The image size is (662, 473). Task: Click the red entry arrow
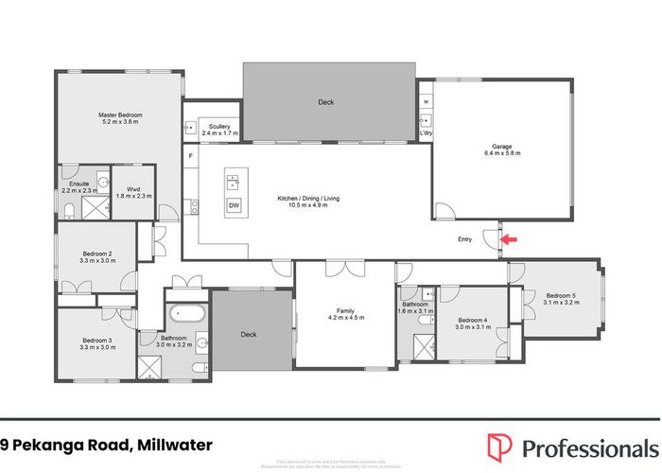coord(508,240)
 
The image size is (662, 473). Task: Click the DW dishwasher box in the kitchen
coord(233,207)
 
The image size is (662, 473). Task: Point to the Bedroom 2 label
coord(97,254)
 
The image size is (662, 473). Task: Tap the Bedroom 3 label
coord(97,341)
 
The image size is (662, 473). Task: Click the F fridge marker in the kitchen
coord(191,154)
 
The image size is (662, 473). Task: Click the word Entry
coord(464,239)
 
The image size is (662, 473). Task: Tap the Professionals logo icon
coord(500,445)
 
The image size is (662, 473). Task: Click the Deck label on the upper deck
coord(326,102)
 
